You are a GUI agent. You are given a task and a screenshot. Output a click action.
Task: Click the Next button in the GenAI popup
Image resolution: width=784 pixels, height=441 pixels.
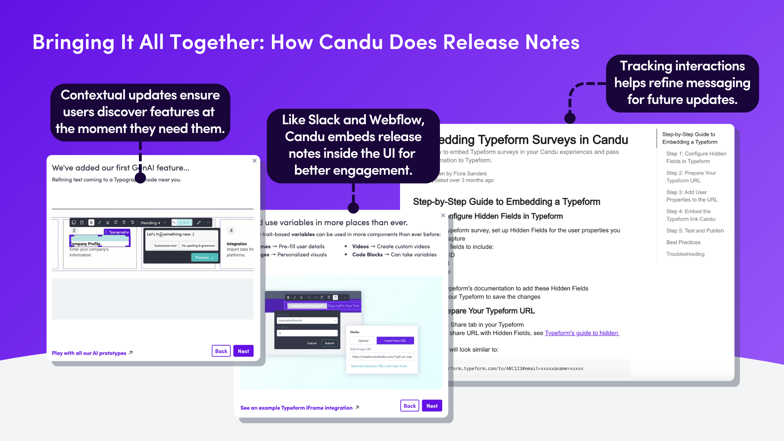click(243, 351)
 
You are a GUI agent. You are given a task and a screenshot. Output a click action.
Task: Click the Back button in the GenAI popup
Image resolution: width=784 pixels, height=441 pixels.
click(221, 351)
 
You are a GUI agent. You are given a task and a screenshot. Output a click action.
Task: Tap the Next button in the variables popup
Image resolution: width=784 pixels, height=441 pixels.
click(432, 406)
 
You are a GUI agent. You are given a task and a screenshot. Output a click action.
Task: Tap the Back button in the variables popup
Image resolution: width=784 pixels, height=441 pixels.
click(409, 406)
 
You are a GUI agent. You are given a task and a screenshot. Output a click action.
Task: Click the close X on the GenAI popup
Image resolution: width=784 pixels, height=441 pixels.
click(254, 161)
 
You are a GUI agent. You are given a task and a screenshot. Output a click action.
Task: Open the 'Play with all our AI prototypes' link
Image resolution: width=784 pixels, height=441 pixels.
click(89, 353)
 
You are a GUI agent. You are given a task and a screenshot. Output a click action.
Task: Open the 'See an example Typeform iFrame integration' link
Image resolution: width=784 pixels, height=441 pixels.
click(296, 408)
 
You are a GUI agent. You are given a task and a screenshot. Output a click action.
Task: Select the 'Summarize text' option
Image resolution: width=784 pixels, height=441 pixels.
click(165, 246)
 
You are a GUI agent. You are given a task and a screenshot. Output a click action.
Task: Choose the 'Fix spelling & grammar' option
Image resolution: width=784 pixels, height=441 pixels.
click(198, 246)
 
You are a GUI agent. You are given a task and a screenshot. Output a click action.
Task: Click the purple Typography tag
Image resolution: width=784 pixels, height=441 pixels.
click(117, 232)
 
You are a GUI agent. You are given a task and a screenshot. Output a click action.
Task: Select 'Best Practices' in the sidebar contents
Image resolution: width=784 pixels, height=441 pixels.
click(683, 242)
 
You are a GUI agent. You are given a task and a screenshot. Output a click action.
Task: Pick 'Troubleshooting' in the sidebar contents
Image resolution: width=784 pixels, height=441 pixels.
click(685, 254)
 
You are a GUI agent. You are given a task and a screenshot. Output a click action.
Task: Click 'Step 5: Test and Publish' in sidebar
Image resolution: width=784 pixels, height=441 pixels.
click(695, 231)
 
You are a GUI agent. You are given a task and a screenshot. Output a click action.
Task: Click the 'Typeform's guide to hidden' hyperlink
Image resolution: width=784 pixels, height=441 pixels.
click(581, 333)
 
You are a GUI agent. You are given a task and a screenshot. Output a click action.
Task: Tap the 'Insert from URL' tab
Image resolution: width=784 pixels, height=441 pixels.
click(395, 341)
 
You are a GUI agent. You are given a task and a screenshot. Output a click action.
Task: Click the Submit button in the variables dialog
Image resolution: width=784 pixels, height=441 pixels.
click(329, 343)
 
